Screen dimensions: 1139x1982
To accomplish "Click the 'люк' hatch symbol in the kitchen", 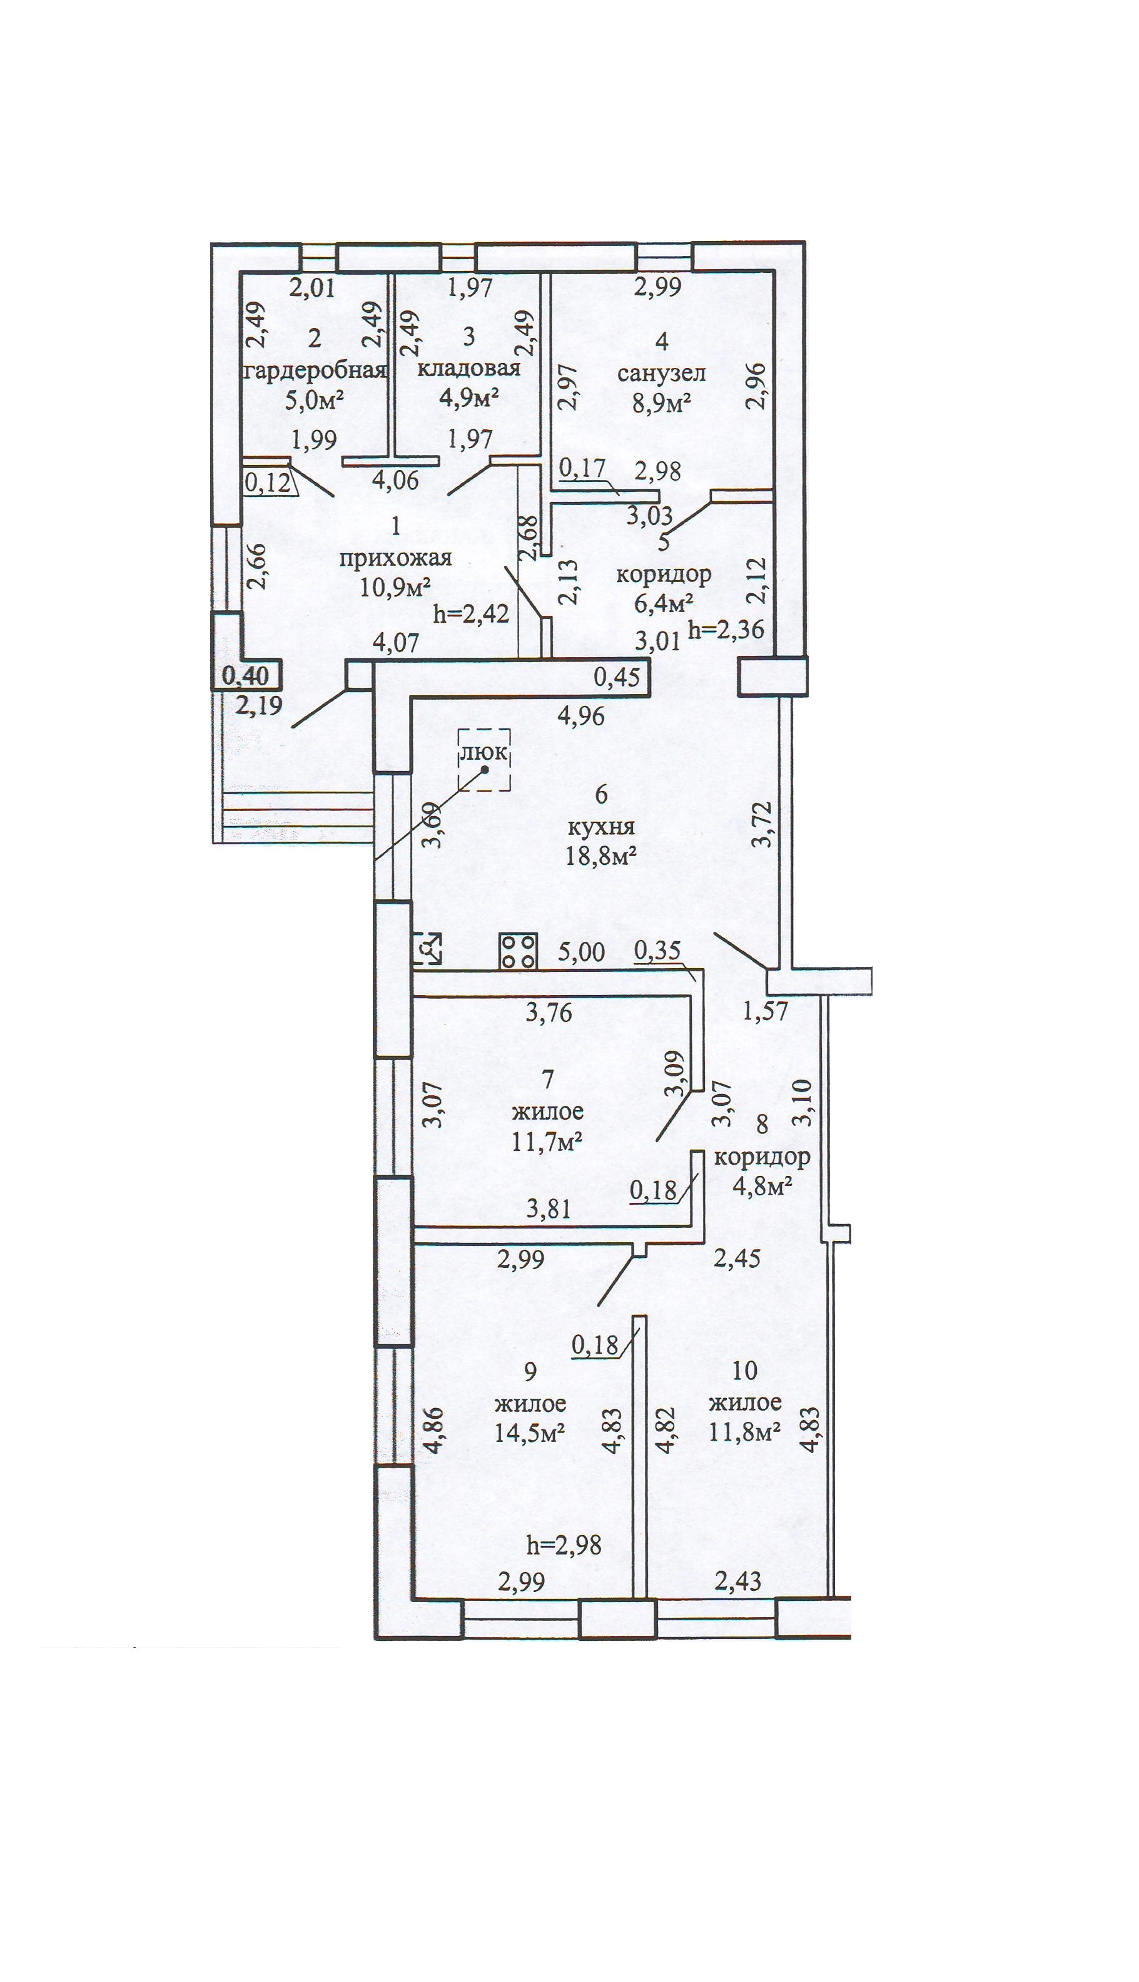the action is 484,759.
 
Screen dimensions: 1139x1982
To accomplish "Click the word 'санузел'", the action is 661,373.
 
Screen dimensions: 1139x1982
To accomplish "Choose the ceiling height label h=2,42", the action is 471,613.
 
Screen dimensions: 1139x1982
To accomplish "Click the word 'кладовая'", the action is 468,368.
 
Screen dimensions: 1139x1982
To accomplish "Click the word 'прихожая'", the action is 395,557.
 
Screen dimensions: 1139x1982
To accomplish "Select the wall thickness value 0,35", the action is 657,950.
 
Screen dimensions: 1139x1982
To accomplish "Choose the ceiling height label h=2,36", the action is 725,628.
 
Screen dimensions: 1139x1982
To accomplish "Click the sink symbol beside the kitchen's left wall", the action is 427,948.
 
